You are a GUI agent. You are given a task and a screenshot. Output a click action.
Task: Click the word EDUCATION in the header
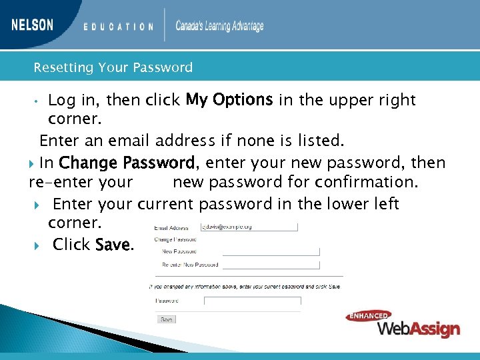click(119, 27)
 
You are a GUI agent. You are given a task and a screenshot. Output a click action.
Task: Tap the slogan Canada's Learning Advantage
click(219, 26)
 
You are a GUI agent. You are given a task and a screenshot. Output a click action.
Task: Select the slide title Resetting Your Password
click(113, 67)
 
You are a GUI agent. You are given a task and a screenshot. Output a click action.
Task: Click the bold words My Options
click(229, 100)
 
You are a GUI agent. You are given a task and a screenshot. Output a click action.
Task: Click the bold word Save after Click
click(114, 245)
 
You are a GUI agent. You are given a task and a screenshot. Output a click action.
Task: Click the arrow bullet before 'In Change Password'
click(33, 163)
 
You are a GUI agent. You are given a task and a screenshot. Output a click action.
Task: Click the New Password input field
click(271, 251)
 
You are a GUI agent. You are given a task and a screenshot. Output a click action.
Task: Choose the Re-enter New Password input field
click(271, 265)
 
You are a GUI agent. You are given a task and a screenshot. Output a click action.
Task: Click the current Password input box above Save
click(252, 301)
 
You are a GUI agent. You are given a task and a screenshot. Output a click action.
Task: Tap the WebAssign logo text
click(419, 329)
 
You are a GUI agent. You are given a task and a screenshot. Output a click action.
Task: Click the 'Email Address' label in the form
click(172, 228)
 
